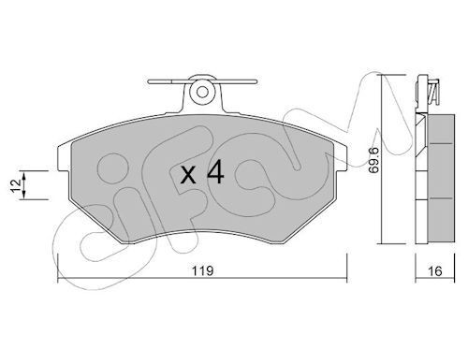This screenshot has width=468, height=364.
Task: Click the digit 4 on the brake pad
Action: (213, 174)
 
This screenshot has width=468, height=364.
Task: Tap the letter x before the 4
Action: (186, 175)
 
